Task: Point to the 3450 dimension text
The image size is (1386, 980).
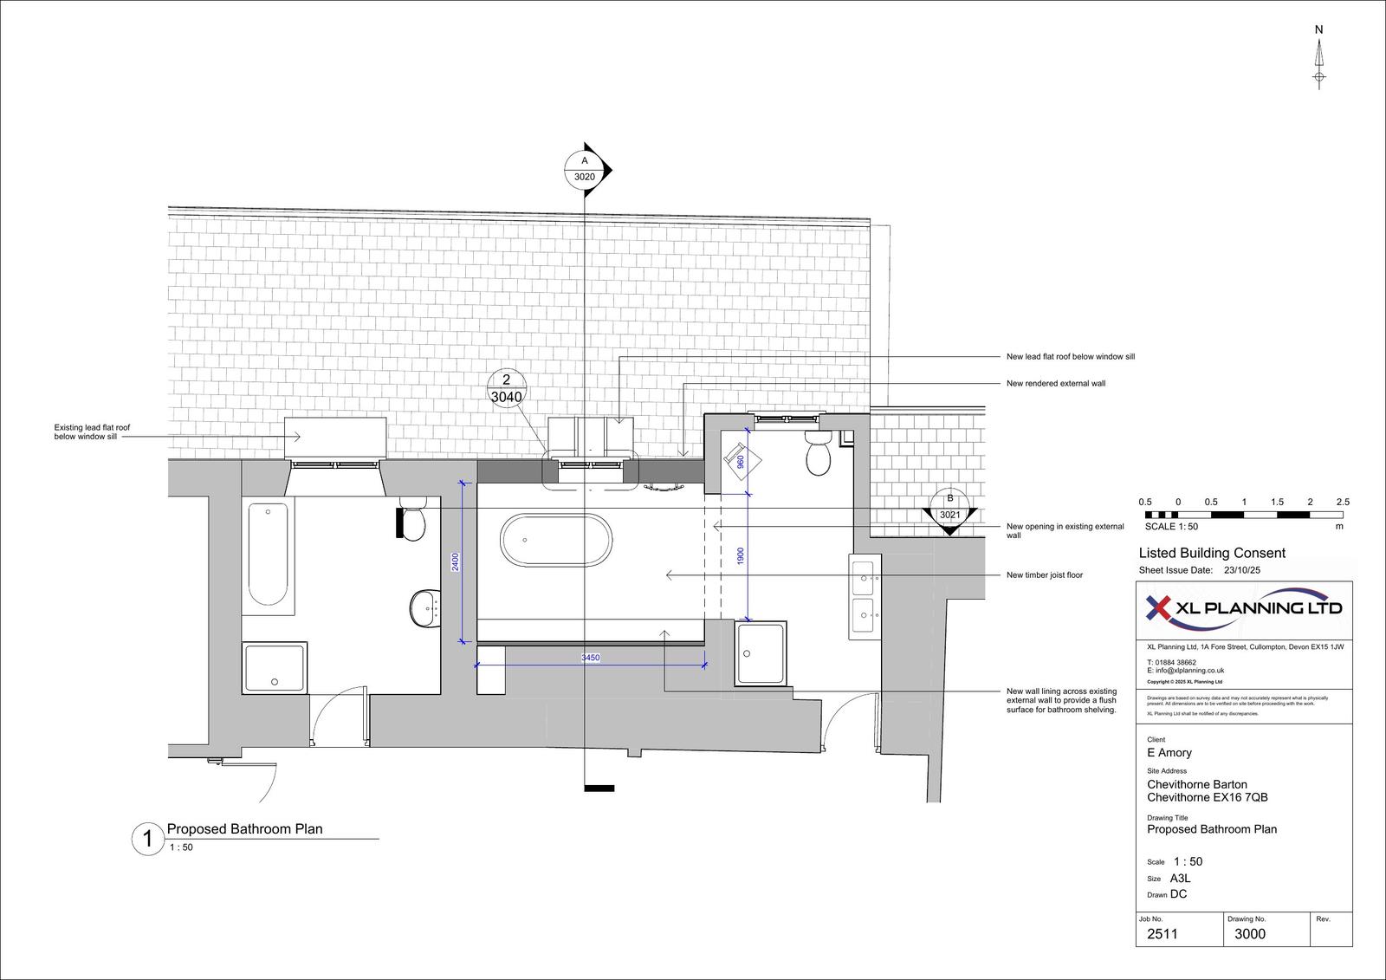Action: tap(590, 659)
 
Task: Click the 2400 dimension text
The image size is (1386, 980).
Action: tap(456, 561)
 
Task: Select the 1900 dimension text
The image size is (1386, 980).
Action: tap(741, 556)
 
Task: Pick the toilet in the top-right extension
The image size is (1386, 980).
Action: tap(818, 454)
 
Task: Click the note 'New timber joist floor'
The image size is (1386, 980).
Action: tap(1044, 574)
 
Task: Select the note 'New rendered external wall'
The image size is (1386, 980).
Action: tap(1055, 383)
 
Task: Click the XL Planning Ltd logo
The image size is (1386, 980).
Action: tap(1243, 608)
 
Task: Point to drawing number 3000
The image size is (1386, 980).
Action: tap(1249, 934)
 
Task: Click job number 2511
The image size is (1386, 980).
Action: tap(1162, 934)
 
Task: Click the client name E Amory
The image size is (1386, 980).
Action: tap(1169, 753)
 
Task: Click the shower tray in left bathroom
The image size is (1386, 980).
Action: tap(275, 667)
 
